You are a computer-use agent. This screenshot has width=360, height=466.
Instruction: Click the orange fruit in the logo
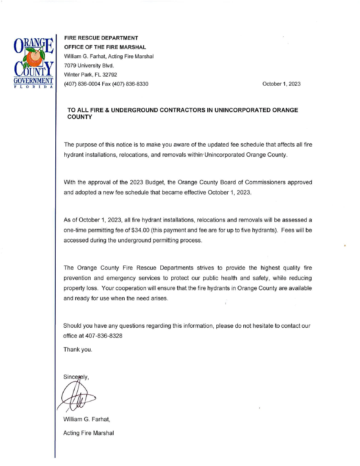click(x=34, y=58)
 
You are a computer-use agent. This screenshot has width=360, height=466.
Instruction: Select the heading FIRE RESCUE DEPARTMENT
click(x=101, y=38)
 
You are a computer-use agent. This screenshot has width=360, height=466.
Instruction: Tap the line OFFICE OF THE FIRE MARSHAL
click(x=105, y=47)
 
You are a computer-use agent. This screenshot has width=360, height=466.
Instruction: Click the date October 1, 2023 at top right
click(x=281, y=84)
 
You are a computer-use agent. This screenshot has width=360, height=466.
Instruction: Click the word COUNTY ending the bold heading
click(x=80, y=117)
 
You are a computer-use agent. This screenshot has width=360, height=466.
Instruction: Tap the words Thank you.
click(x=78, y=350)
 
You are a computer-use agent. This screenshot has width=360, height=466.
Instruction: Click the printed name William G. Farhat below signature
click(x=87, y=419)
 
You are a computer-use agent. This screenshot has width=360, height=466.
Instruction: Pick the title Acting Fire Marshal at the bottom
click(x=89, y=433)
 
